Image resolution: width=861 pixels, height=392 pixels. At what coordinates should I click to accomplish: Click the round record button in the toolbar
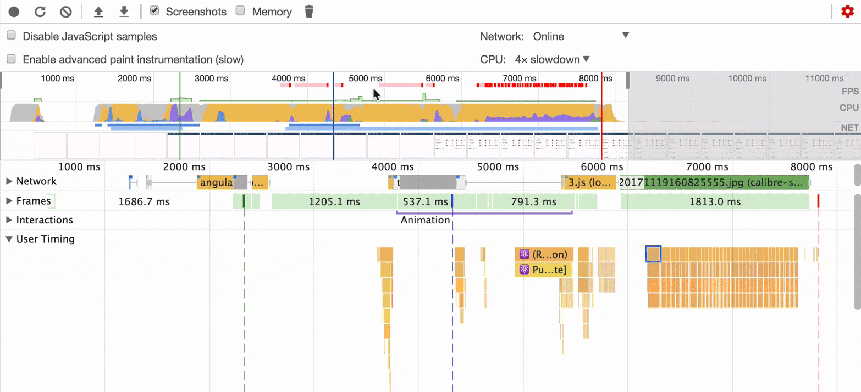tap(14, 12)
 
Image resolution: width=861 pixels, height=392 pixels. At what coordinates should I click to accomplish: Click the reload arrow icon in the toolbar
tap(40, 12)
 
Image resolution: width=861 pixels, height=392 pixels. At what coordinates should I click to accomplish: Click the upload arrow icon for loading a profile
tap(98, 12)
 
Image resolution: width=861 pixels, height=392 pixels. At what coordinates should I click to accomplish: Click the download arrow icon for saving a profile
tap(124, 12)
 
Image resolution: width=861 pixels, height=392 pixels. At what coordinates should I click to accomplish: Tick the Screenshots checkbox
tap(154, 11)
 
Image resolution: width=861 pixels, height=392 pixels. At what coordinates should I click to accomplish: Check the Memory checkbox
tap(240, 11)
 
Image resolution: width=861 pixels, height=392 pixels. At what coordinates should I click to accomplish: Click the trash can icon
tap(309, 12)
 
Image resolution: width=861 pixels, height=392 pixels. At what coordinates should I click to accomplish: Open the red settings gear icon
tap(847, 12)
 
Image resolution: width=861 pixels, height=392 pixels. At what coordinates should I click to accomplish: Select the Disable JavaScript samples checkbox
tap(11, 36)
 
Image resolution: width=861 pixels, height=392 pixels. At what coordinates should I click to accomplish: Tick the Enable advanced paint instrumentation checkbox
tap(11, 59)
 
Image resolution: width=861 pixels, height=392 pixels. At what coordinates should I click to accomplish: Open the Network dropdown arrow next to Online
tap(625, 36)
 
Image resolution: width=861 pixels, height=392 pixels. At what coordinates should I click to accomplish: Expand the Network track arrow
tap(9, 181)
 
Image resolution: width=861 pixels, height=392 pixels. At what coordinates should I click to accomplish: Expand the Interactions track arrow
tap(9, 220)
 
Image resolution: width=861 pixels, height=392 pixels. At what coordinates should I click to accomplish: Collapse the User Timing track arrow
tap(9, 239)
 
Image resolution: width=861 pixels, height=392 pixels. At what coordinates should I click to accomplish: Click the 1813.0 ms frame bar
tap(715, 201)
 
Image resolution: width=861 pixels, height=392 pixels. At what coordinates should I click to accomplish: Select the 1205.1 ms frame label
tap(334, 201)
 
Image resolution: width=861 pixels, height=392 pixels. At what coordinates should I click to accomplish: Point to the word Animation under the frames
tap(425, 220)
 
